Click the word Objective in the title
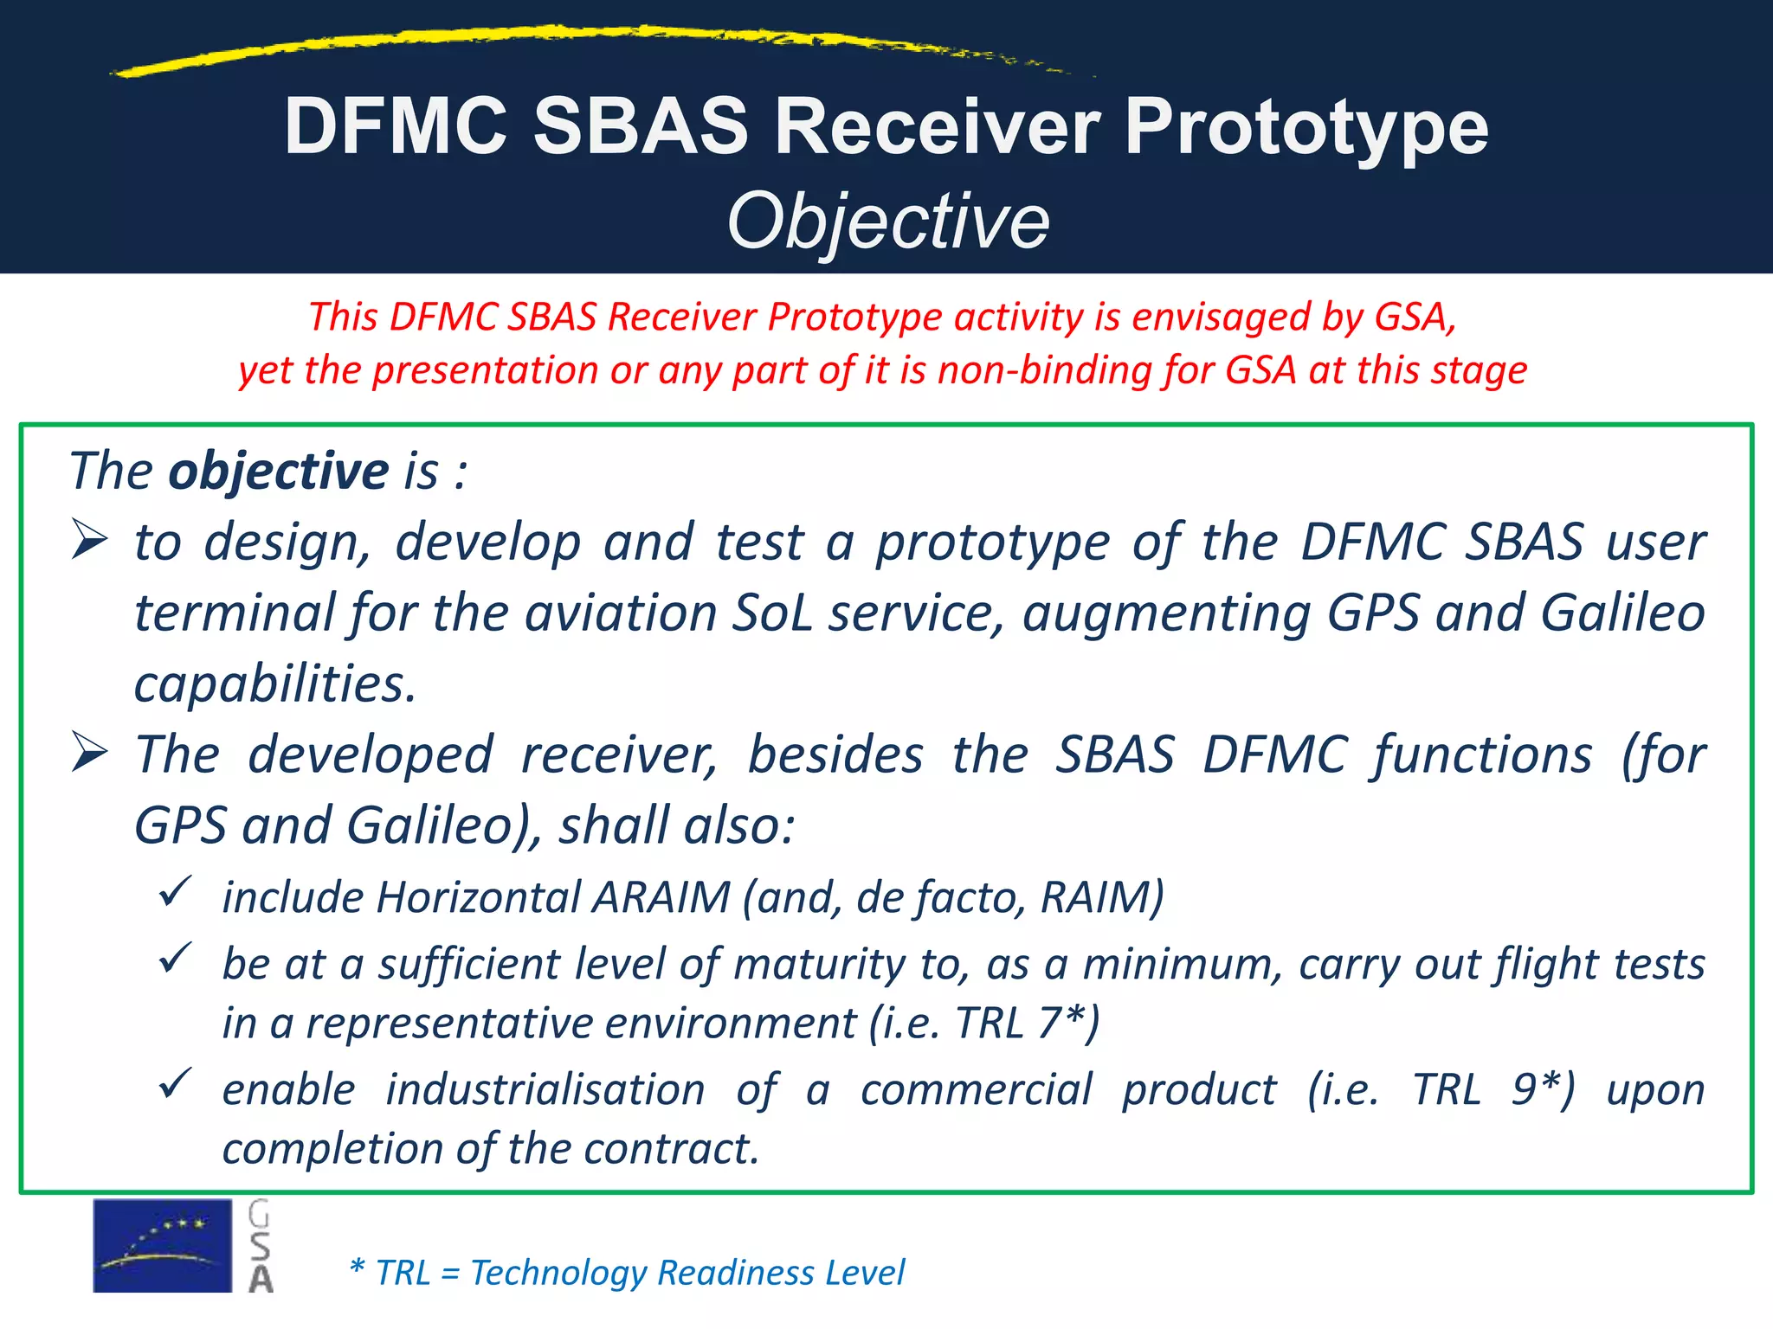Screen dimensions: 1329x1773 [888, 221]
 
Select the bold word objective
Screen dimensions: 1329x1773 [278, 472]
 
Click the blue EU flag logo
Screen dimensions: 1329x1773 [162, 1245]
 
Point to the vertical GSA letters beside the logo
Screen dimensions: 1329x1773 [260, 1246]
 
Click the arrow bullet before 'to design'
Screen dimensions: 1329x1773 [90, 541]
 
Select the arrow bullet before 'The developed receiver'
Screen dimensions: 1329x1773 [90, 752]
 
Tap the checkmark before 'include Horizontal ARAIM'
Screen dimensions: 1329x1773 [175, 891]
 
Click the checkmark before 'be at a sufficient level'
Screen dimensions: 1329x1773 [175, 959]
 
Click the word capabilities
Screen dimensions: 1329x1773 [274, 684]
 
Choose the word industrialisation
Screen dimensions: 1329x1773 [545, 1089]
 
